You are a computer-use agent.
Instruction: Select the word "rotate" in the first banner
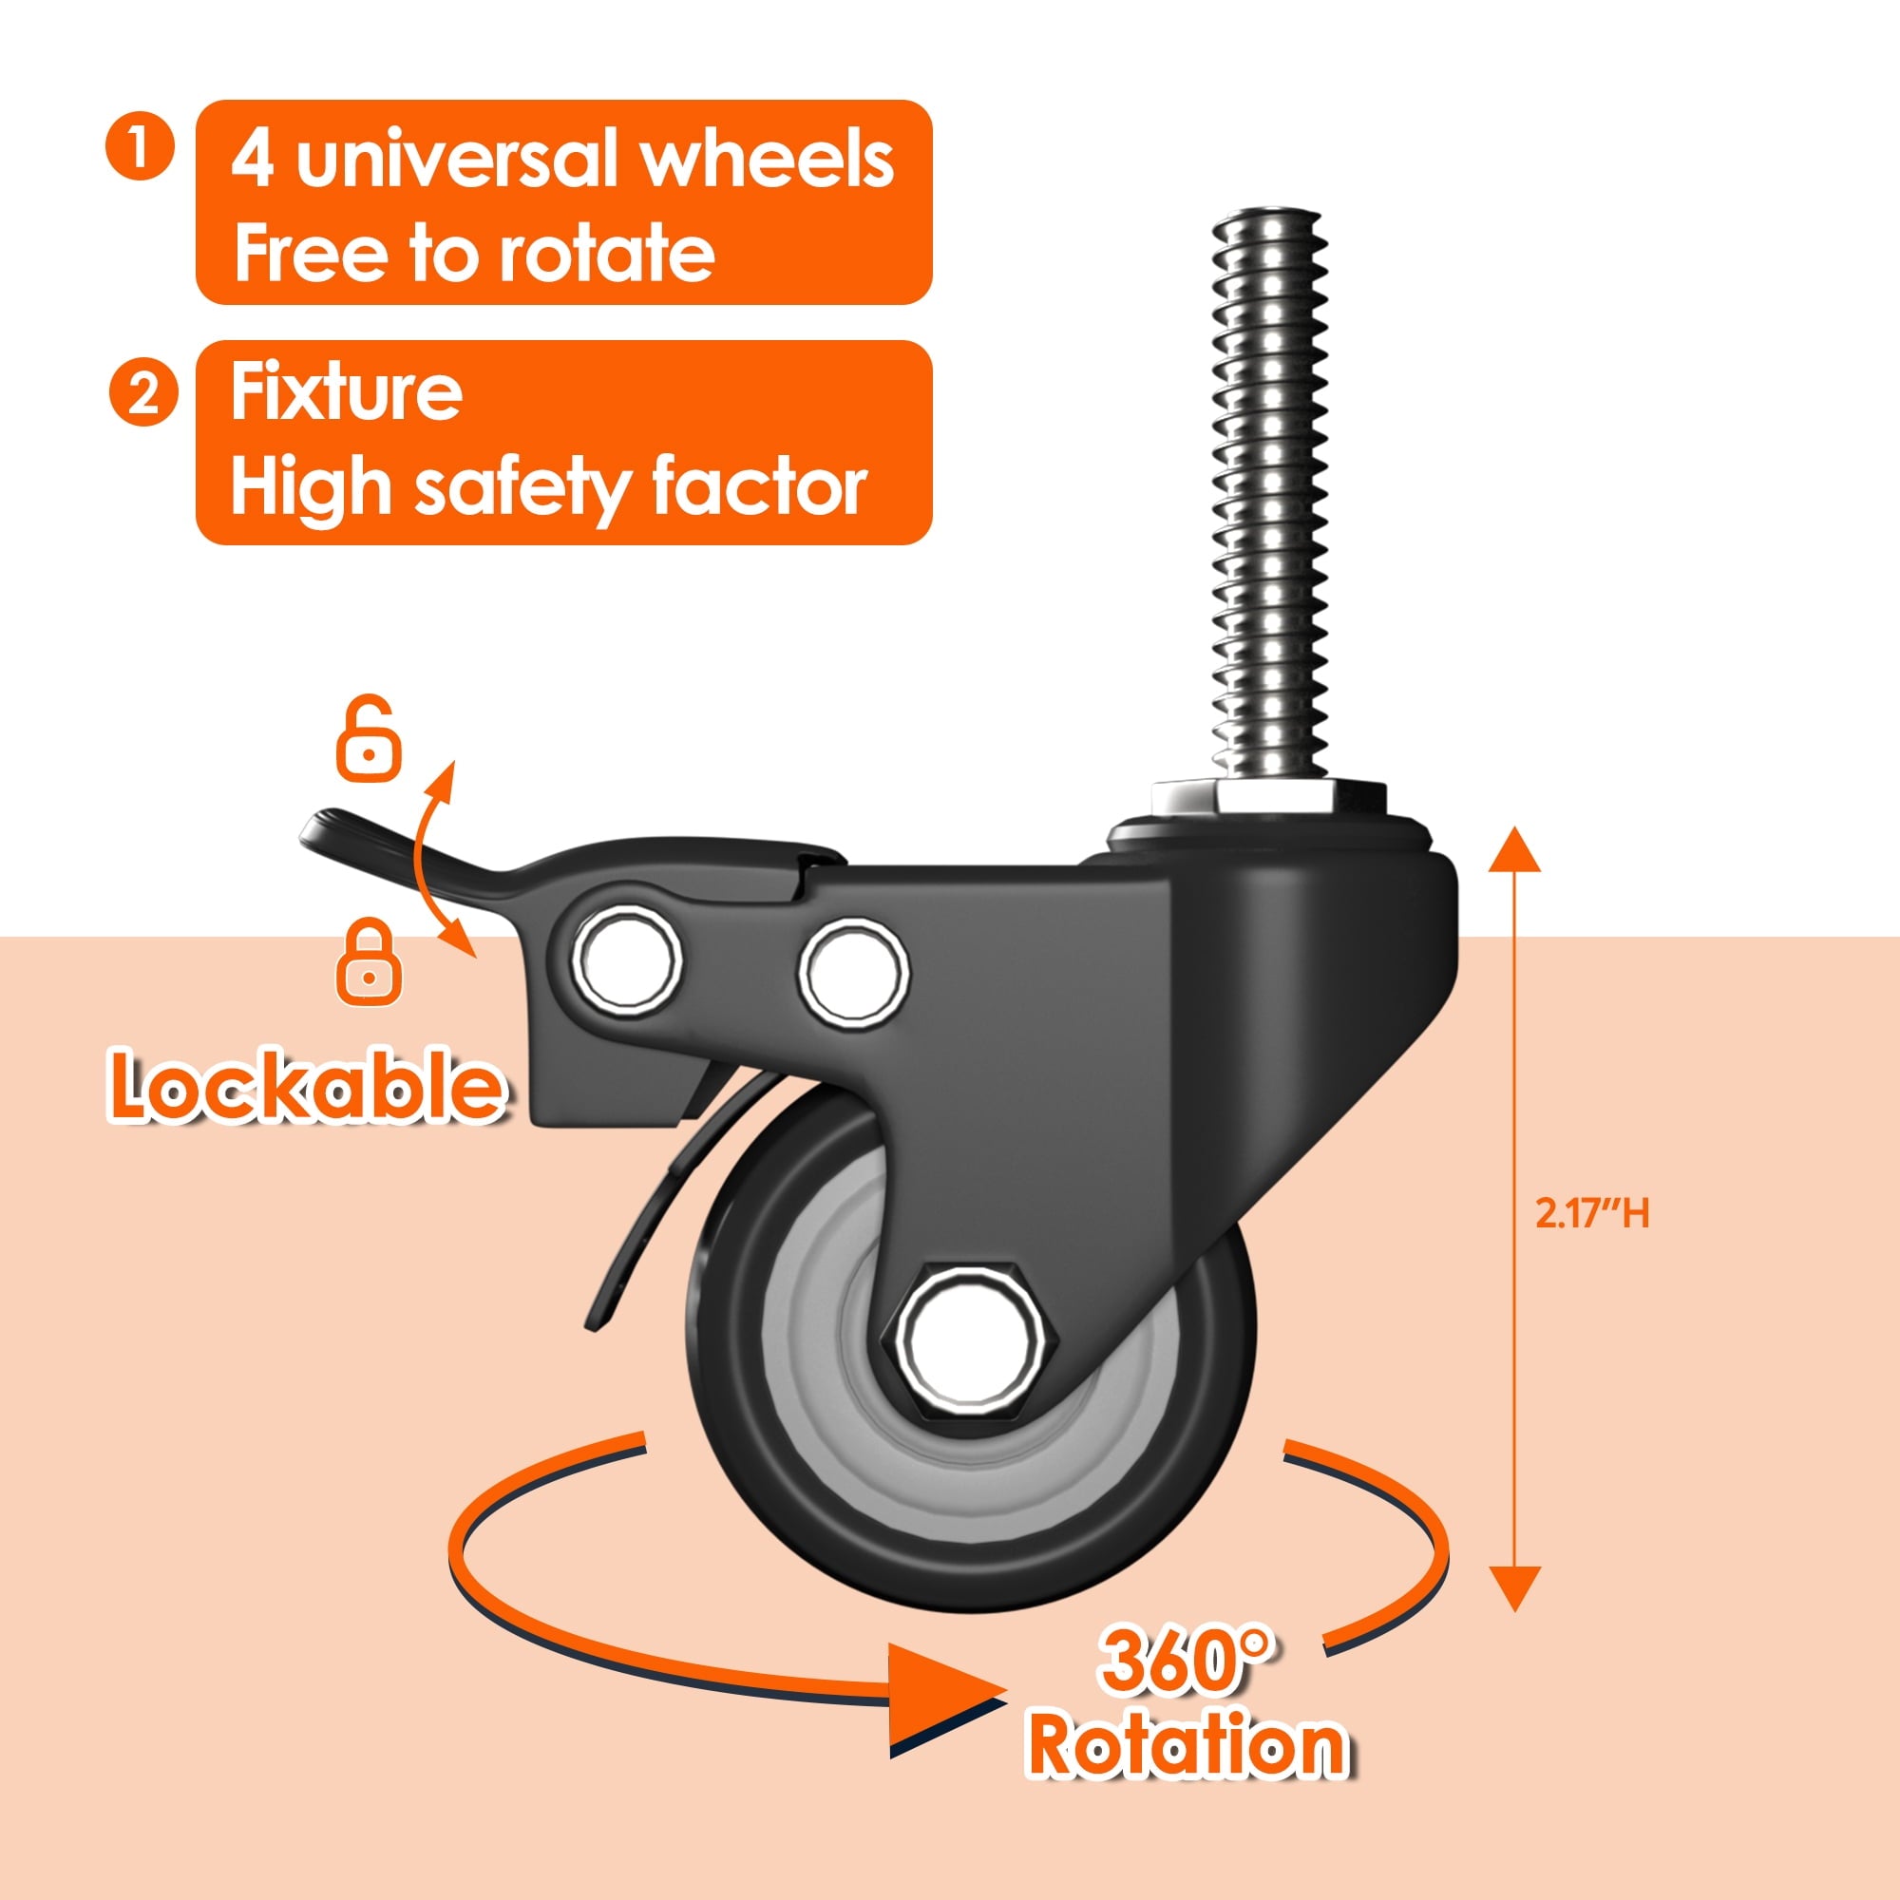point(606,254)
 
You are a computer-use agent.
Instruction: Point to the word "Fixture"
point(346,392)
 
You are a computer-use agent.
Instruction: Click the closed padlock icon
point(368,963)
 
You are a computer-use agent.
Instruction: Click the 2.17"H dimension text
point(1591,1213)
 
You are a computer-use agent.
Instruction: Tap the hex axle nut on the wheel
point(969,1339)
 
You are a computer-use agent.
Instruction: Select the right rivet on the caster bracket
point(853,972)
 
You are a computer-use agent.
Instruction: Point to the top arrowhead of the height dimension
point(1513,851)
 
